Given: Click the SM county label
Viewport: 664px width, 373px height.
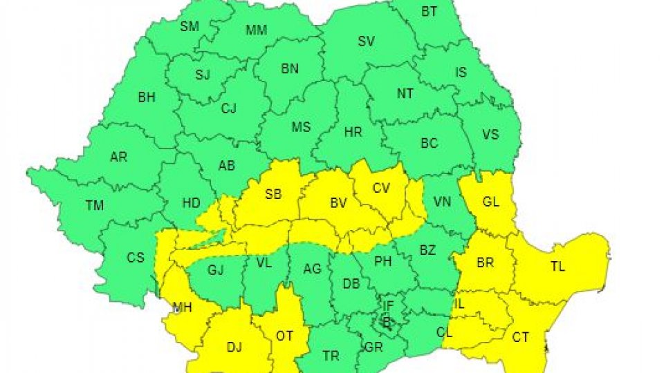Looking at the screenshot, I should click(x=189, y=28).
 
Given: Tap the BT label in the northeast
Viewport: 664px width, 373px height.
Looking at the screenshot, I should click(x=430, y=12).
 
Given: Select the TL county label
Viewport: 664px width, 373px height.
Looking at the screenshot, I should click(x=557, y=266).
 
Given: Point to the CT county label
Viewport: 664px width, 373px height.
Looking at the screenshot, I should click(x=521, y=337).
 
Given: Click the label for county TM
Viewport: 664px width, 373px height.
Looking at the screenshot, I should click(x=95, y=206).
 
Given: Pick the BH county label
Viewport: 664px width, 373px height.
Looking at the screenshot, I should click(x=147, y=98).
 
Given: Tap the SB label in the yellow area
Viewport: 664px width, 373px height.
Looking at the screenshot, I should click(x=273, y=195).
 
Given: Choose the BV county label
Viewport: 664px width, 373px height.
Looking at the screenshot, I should click(x=338, y=203).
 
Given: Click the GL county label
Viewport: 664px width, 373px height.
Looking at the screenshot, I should click(x=491, y=202).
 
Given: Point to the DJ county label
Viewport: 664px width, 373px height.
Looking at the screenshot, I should click(x=234, y=347).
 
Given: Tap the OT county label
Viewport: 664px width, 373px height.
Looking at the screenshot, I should click(x=284, y=336).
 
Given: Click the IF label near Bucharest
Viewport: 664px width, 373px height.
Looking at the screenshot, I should click(x=388, y=305).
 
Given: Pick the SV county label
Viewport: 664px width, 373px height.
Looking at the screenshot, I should click(x=366, y=41).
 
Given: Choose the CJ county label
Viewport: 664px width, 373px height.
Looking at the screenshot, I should click(x=229, y=108).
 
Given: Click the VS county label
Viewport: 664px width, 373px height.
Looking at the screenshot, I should click(x=490, y=135).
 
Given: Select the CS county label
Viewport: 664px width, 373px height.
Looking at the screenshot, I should click(x=136, y=258).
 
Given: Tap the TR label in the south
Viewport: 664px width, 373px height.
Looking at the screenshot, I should click(x=331, y=356).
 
